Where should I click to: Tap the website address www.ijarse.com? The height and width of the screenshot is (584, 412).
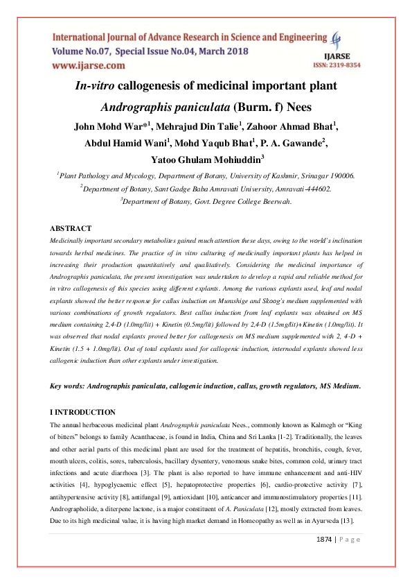pos(89,65)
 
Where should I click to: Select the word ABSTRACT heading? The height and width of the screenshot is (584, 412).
pos(71,228)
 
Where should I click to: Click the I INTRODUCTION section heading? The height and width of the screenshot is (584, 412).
pos(82,412)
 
